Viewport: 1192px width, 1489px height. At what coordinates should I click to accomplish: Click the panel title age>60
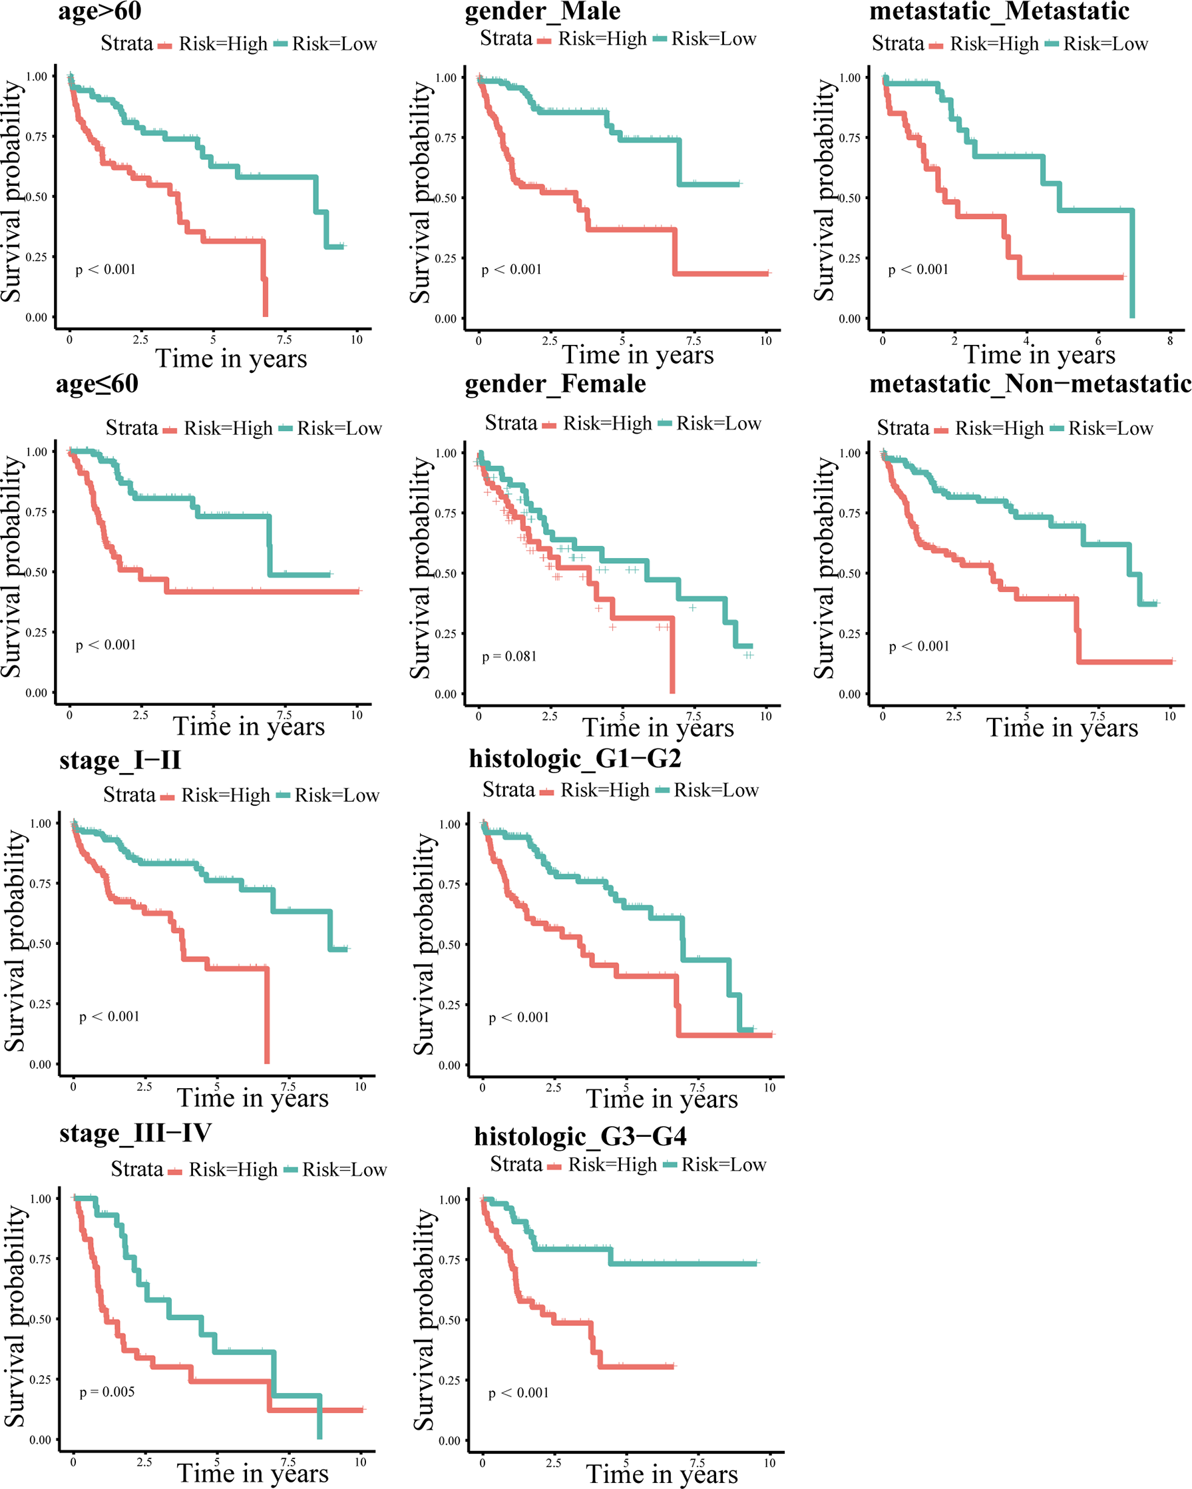pos(99,11)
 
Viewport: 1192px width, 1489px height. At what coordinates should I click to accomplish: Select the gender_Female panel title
pos(555,384)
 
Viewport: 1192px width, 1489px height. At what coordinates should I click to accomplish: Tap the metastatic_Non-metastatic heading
pos(1030,384)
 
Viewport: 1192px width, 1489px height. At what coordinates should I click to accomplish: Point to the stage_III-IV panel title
pos(135,1133)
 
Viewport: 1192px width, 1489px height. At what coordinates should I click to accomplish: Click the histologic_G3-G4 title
pos(580,1136)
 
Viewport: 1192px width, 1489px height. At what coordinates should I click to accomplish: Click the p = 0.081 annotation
pos(508,656)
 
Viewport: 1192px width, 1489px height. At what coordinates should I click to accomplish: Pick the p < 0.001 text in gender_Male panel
pos(511,269)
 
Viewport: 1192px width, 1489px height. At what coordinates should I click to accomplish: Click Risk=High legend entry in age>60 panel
pos(222,44)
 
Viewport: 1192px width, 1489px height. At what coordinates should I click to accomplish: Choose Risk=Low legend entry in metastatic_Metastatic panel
pos(1105,44)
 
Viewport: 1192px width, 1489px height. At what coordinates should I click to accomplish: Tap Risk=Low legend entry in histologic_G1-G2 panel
pos(715,790)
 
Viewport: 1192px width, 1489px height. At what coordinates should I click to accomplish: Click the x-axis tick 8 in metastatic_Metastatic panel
pos(1170,340)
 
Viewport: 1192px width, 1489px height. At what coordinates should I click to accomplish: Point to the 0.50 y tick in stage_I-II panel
pos(41,944)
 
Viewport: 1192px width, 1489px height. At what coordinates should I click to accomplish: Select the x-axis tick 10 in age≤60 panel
pos(356,715)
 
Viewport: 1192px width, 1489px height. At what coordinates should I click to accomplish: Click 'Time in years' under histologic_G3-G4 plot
pos(662,1474)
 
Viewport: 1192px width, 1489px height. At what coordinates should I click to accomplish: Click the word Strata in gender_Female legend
pos(510,423)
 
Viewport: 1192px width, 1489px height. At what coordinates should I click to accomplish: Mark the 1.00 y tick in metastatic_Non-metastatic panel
pos(850,453)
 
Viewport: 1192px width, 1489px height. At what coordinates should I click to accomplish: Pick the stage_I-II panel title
pos(120,760)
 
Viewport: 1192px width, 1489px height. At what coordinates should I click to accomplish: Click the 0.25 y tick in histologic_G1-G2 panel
pos(449,1005)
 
